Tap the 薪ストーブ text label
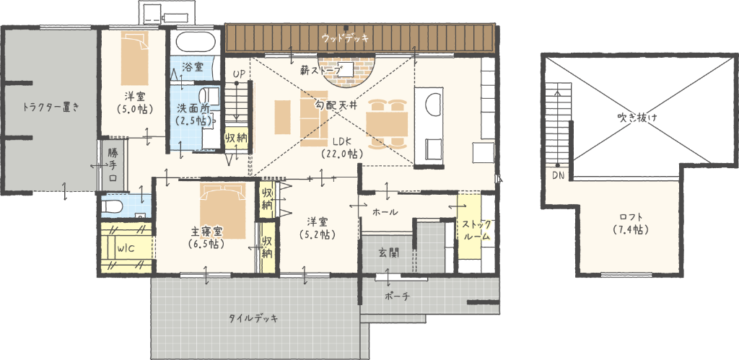321,71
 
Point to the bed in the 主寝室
222,211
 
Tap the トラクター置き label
51,107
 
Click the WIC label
127,249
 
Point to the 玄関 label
388,253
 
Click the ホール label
385,212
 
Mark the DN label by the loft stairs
558,176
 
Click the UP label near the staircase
238,74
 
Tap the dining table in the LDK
388,123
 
